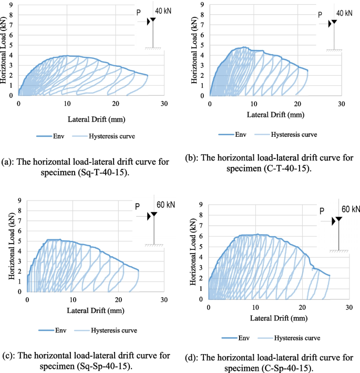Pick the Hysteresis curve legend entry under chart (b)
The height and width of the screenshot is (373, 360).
pos(292,135)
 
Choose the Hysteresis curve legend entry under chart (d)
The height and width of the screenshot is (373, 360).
pos(295,338)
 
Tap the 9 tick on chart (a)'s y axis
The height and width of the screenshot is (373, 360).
pos(11,5)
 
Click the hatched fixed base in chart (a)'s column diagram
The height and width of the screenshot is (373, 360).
pos(153,49)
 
